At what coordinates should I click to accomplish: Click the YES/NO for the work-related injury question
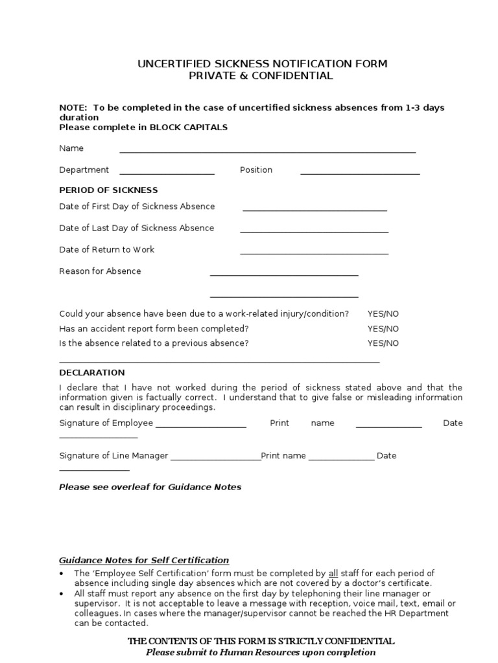click(383, 313)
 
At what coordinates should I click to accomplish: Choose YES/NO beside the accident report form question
click(383, 328)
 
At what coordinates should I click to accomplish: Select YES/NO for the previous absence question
click(383, 343)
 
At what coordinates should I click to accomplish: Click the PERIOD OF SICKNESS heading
click(108, 190)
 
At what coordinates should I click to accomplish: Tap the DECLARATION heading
click(92, 373)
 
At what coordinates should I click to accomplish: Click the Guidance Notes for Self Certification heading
click(144, 560)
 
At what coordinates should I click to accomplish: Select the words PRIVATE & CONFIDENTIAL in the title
click(261, 76)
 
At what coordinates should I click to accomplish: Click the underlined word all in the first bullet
click(333, 574)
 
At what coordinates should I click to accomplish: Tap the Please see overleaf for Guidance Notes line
click(150, 487)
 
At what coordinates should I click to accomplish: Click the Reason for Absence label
click(100, 271)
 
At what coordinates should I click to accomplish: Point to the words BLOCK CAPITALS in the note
click(189, 128)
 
